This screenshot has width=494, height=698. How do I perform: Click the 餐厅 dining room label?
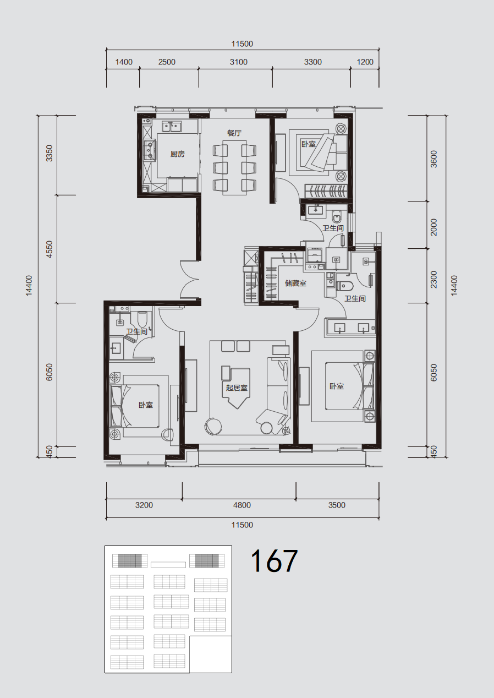(234, 133)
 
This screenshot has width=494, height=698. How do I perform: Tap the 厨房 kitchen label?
(178, 154)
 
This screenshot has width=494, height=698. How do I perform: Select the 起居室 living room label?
(237, 388)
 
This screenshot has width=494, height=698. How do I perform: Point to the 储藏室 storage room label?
(295, 283)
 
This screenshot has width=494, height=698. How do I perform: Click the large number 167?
(274, 561)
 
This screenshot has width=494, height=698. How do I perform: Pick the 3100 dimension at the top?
(239, 62)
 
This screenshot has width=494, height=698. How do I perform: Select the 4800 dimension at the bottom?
(242, 505)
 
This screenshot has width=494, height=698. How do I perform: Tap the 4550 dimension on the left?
(49, 249)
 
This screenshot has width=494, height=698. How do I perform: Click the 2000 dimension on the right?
(434, 227)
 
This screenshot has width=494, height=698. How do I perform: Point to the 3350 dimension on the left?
(49, 154)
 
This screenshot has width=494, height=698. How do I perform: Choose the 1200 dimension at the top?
(365, 62)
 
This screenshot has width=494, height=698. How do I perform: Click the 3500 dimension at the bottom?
(337, 505)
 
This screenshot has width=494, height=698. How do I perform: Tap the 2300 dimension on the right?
(434, 280)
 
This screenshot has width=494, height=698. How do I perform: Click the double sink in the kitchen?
(172, 127)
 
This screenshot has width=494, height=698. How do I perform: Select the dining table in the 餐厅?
(235, 168)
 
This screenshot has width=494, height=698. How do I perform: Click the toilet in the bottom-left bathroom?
(142, 319)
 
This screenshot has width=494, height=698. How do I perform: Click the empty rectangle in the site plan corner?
(211, 653)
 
